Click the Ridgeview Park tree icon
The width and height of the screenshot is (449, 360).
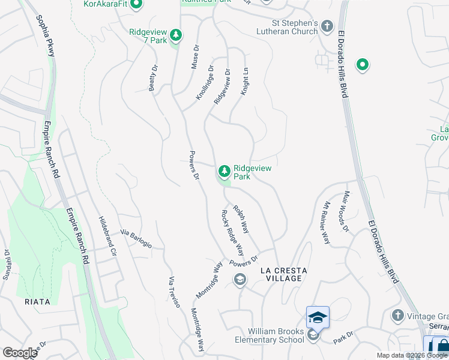[224, 172]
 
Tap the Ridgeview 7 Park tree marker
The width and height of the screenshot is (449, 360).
[175, 35]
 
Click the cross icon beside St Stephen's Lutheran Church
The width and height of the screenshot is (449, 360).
[327, 26]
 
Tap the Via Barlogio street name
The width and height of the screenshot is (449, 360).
[136, 239]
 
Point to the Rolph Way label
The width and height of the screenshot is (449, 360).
[241, 220]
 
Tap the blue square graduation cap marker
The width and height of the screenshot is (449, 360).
[318, 317]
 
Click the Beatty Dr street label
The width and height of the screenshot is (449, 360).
[153, 79]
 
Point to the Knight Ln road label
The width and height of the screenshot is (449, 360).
[245, 80]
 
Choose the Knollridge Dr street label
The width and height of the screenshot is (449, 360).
[205, 83]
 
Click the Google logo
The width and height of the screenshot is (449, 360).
[19, 353]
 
